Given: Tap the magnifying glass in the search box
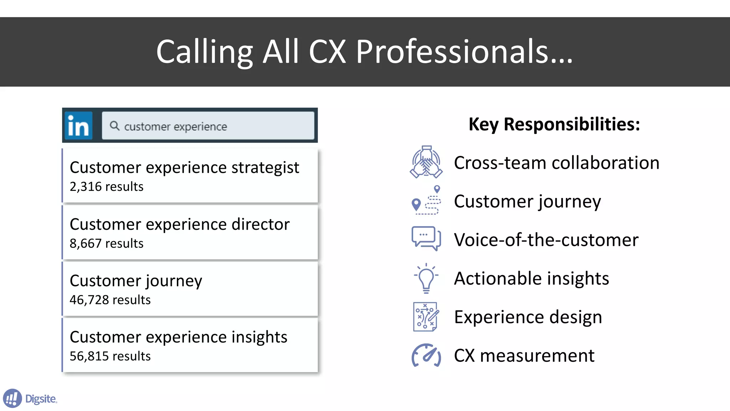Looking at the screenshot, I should coord(114,126).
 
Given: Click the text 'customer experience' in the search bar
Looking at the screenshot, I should coord(175,127).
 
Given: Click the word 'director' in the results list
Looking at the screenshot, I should coord(260,224).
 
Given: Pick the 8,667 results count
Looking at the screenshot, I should coord(106,243).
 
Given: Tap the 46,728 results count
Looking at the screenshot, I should coord(110,300).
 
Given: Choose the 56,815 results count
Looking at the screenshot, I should coord(110,356).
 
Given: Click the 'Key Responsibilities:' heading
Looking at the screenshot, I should coord(554,124).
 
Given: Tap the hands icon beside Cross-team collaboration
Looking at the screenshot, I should coord(426,162).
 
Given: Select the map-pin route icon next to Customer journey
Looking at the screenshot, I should coord(426,201).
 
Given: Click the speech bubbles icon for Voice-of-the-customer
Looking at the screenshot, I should coord(426,238).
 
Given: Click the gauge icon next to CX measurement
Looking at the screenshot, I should coord(426,355).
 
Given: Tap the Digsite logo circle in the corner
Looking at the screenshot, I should coord(12,398).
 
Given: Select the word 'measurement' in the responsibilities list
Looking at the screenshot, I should coord(537,356).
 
